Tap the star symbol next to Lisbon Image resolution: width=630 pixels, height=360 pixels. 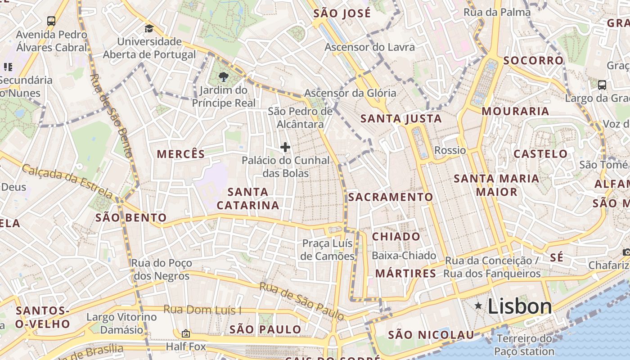pyautogui.click(x=478, y=306)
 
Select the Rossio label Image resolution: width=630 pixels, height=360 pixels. pyautogui.click(x=450, y=150)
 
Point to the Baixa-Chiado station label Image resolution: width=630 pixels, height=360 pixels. pyautogui.click(x=404, y=256)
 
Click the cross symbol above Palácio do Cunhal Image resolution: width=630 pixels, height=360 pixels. pyautogui.click(x=285, y=147)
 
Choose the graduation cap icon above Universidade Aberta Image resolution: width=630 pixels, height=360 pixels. pyautogui.click(x=149, y=29)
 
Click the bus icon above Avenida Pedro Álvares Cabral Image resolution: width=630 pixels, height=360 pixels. pyautogui.click(x=51, y=21)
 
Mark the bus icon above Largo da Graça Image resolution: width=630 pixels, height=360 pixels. pyautogui.click(x=602, y=85)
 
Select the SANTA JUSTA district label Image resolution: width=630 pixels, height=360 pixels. pyautogui.click(x=401, y=119)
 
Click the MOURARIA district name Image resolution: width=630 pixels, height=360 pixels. pyautogui.click(x=515, y=111)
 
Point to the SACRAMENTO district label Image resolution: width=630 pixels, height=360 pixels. pyautogui.click(x=390, y=197)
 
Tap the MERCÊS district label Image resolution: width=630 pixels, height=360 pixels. pyautogui.click(x=181, y=154)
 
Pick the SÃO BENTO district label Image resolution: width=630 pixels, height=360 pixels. pyautogui.click(x=131, y=218)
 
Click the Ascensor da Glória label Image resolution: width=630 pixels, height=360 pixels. pyautogui.click(x=350, y=93)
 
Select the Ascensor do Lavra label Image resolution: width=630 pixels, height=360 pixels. pyautogui.click(x=369, y=47)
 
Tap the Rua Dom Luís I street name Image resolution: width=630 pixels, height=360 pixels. pyautogui.click(x=202, y=310)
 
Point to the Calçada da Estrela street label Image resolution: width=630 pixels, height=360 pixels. pyautogui.click(x=67, y=181)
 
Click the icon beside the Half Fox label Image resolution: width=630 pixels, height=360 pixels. pyautogui.click(x=185, y=333)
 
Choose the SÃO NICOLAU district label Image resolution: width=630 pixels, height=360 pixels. pyautogui.click(x=431, y=335)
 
